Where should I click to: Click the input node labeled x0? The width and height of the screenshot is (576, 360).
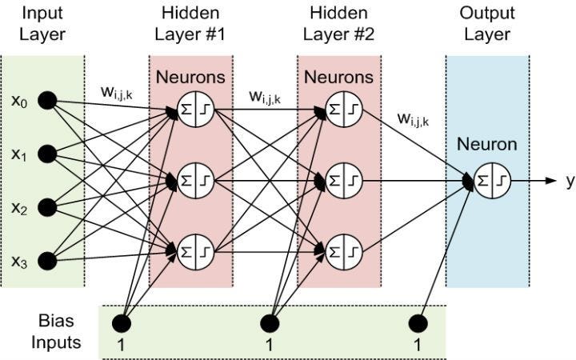[47, 101]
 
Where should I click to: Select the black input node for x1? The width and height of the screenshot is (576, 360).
[47, 153]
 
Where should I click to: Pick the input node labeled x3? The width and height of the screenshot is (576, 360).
[47, 259]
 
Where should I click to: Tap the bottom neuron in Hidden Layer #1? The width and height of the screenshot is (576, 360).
[194, 250]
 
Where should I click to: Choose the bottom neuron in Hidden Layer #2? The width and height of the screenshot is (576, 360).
[343, 250]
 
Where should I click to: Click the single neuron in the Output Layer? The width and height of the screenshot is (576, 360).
[491, 181]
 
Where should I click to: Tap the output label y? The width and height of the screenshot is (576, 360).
[570, 181]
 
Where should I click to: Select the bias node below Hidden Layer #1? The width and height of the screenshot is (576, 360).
[121, 323]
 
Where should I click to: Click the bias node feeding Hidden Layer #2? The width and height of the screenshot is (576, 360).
[269, 323]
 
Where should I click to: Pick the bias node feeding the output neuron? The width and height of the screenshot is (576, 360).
[417, 323]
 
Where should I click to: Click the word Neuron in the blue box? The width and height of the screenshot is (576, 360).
[488, 146]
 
